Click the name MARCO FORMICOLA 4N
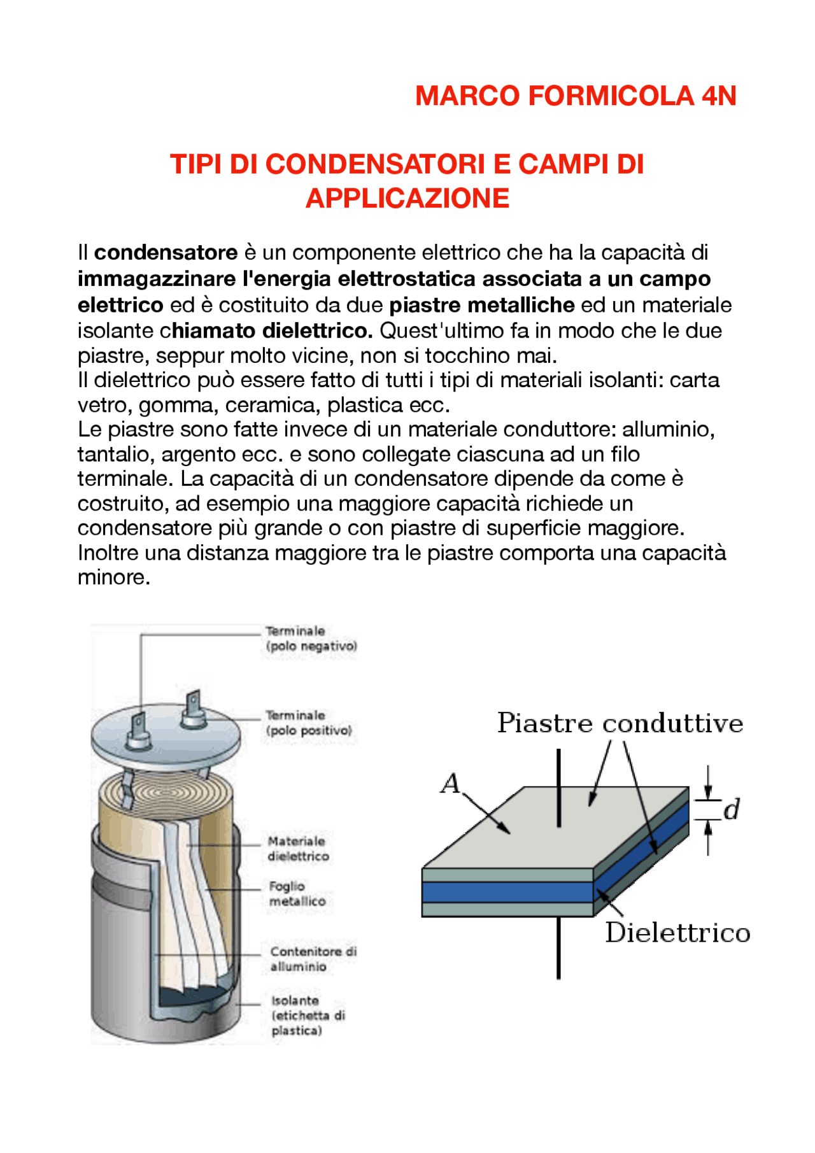coord(576,96)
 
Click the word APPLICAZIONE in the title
coord(407,198)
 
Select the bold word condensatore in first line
coord(166,253)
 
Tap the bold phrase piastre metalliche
coord(482,305)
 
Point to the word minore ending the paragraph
coord(113,577)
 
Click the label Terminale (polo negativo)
coord(311,639)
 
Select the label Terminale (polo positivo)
coord(308,723)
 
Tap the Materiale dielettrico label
coord(297,849)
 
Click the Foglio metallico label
coord(296,894)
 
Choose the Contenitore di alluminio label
coord(312,959)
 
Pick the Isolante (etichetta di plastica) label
coord(307,1015)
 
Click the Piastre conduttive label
coord(620,723)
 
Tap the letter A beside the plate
coord(450,784)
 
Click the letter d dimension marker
coord(732,809)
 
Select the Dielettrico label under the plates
coord(677,933)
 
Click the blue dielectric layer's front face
coord(507,891)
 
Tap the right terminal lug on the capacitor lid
coord(193,710)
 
